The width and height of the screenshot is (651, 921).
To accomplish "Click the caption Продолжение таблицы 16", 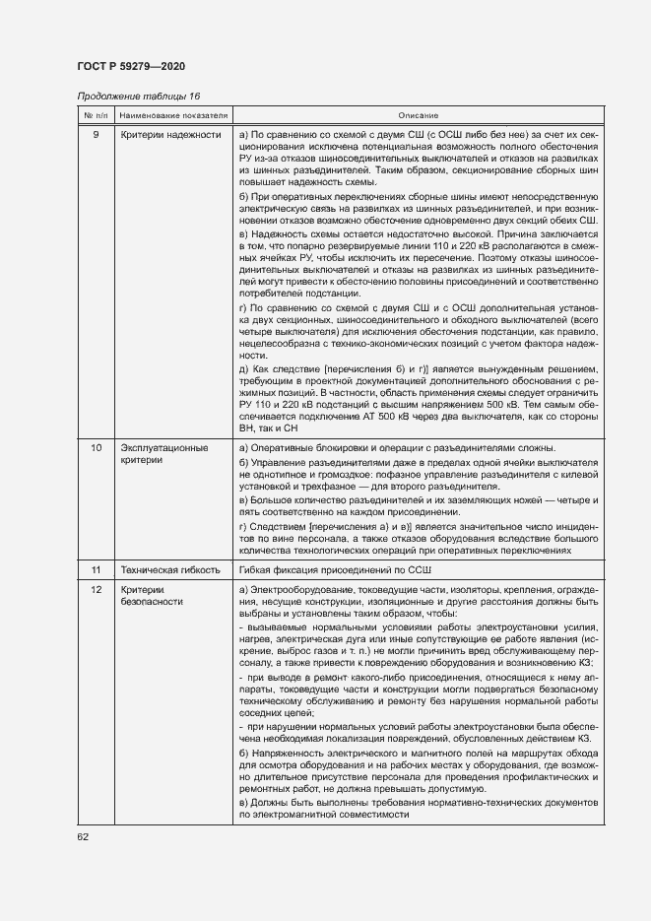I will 138,96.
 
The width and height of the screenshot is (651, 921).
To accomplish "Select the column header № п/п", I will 95,116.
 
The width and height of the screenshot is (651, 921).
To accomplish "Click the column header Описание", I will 419,116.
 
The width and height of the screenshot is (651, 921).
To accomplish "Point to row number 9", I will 95,134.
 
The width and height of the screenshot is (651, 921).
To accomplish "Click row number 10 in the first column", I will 95,448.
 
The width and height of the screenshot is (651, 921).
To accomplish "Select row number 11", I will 95,570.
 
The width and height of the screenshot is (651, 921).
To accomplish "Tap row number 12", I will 95,589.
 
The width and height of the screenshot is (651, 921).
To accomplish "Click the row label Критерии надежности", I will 170,134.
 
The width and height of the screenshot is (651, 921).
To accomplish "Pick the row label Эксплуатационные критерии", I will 164,454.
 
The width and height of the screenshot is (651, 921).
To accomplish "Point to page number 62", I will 83,837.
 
